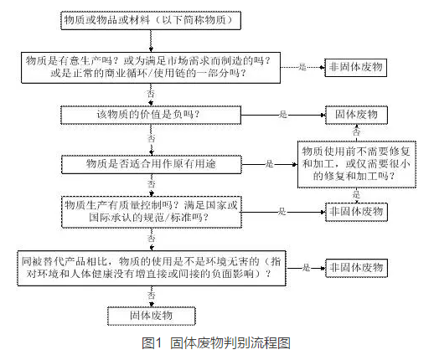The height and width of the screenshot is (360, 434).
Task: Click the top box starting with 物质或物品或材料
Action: click(151, 20)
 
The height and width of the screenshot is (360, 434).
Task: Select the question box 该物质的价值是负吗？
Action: click(151, 115)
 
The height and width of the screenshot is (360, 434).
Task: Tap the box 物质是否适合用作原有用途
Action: click(152, 164)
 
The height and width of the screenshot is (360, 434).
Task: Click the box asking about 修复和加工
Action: click(357, 164)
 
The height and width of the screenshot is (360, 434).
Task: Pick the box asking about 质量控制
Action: click(152, 212)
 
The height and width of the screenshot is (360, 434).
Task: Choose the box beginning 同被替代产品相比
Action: click(152, 268)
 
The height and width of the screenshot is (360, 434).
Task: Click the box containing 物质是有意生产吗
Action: click(151, 68)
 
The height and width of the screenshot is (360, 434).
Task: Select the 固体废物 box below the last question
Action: click(151, 316)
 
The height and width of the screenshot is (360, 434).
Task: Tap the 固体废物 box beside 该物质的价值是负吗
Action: click(356, 115)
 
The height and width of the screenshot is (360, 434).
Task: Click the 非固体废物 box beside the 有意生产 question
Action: click(355, 67)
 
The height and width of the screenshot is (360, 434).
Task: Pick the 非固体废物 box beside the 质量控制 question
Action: click(356, 212)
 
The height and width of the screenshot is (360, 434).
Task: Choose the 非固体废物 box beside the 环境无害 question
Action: click(356, 268)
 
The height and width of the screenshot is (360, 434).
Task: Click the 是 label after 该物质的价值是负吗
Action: click(283, 115)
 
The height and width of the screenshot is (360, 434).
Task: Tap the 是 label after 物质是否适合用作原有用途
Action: click(269, 164)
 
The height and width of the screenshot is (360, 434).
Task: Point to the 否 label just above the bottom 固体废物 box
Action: click(151, 296)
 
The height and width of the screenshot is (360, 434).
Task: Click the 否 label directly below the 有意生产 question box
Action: click(151, 94)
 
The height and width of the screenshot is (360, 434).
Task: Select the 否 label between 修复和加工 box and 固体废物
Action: click(356, 131)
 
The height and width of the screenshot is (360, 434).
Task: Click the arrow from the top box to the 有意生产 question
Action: click(151, 41)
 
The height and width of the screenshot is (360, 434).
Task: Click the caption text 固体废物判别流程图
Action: click(230, 343)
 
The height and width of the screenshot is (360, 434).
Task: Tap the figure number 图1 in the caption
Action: click(152, 343)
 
